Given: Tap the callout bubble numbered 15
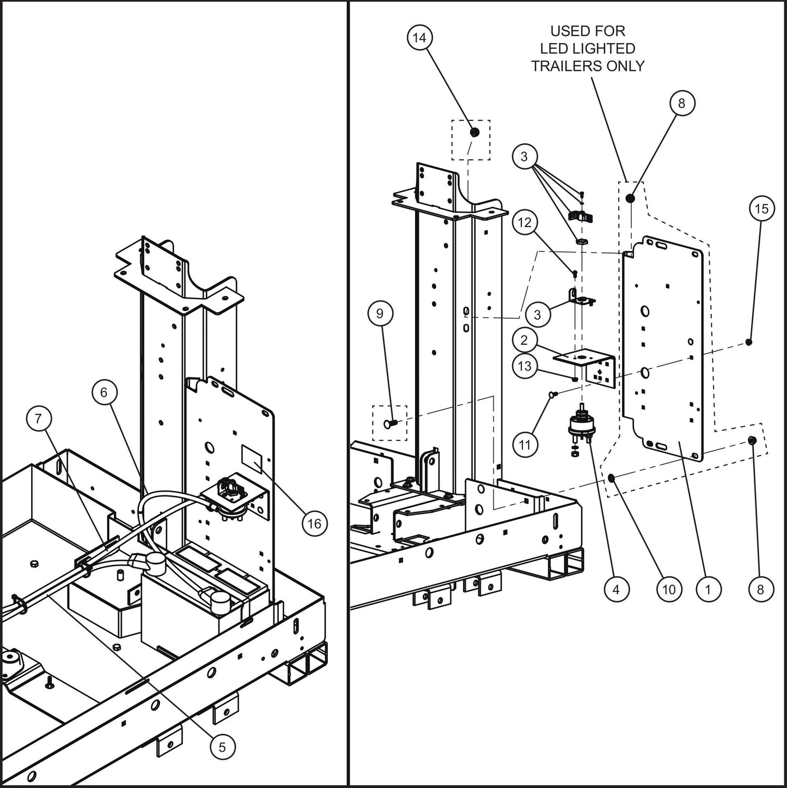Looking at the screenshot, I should (761, 209).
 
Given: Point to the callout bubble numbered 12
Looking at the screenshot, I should (524, 222).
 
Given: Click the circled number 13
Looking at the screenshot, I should (524, 366).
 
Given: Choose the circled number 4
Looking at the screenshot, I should (616, 589).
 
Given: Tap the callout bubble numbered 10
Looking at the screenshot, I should (669, 589).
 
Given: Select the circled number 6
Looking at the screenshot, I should (104, 392).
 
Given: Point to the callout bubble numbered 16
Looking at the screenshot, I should (314, 524).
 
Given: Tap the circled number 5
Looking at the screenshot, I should (222, 747).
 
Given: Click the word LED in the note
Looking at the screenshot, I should (553, 49).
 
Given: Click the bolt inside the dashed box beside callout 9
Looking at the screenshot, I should (389, 422).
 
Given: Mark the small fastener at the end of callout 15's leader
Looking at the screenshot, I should (749, 342).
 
